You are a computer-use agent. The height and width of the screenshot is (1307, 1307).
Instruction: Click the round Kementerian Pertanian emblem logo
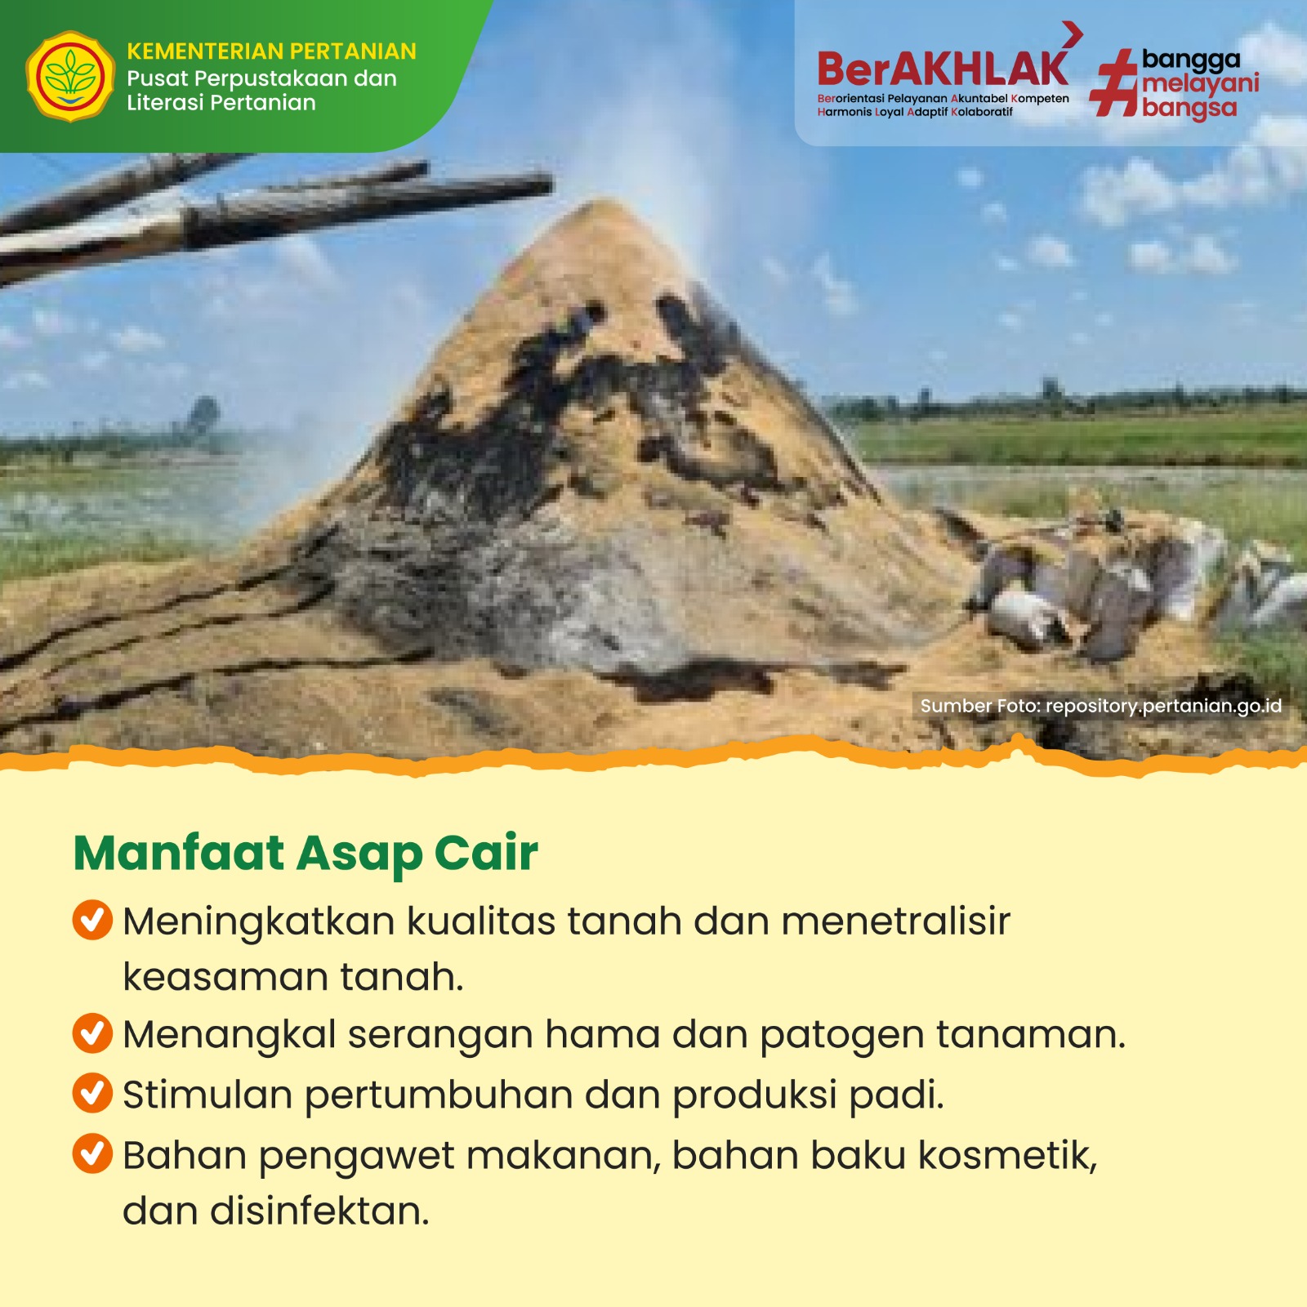pos(70,77)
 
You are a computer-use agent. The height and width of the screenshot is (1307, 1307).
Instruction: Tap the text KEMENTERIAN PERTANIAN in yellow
pos(271,51)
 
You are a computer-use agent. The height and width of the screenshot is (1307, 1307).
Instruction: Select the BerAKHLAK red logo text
pos(943,69)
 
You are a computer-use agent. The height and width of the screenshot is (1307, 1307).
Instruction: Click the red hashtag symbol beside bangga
pos(1114,83)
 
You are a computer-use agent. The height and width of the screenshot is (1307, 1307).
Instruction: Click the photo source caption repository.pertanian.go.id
pos(1101,706)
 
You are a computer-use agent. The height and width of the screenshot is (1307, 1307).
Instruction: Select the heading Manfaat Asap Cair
pos(306,853)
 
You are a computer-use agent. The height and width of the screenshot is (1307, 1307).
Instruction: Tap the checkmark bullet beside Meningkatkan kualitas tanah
pos(92,920)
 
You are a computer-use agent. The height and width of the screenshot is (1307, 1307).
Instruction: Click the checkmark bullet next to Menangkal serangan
pos(92,1033)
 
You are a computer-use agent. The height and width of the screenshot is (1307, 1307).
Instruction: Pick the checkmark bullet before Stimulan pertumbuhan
pos(92,1093)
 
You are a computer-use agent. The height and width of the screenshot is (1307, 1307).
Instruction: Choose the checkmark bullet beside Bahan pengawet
pos(92,1153)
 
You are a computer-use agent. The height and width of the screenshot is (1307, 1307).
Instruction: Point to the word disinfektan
pos(319,1211)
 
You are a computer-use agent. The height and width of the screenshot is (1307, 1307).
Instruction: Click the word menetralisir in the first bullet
pos(896,921)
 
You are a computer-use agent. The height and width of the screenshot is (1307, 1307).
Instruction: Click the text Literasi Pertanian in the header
pos(221,103)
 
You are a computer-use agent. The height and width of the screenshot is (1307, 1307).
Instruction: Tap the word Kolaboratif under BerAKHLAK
pos(982,112)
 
